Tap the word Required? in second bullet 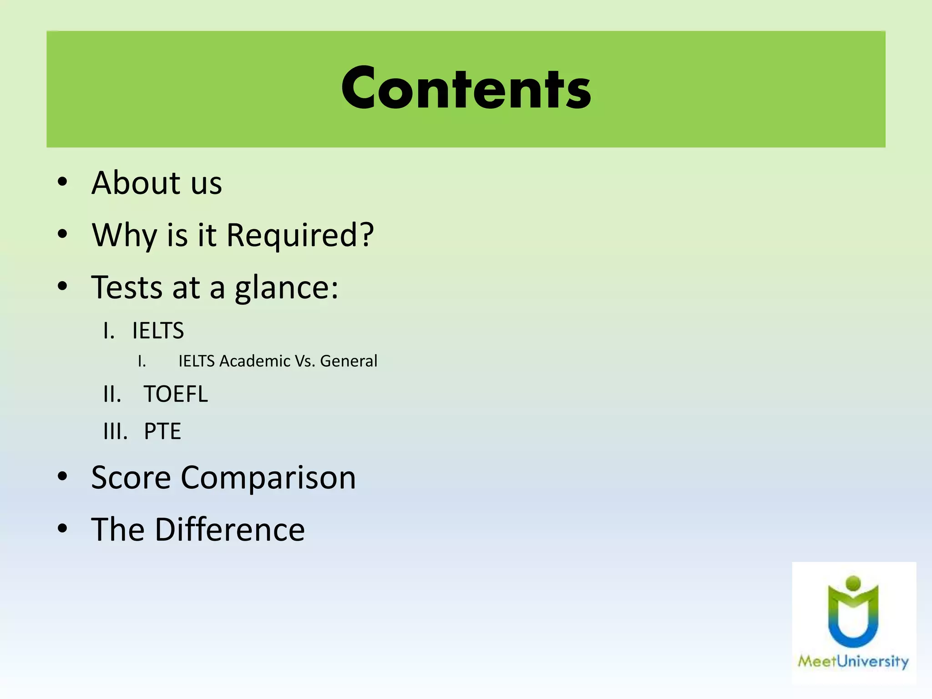(300, 235)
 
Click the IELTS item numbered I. (158, 331)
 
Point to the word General (349, 361)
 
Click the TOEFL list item (176, 394)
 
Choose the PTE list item (162, 431)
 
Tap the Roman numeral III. (115, 431)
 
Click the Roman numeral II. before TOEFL (112, 394)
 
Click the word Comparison (268, 478)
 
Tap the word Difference (230, 530)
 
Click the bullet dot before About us (62, 182)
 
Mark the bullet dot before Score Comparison (62, 477)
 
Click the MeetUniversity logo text (853, 661)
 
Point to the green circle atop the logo (853, 583)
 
